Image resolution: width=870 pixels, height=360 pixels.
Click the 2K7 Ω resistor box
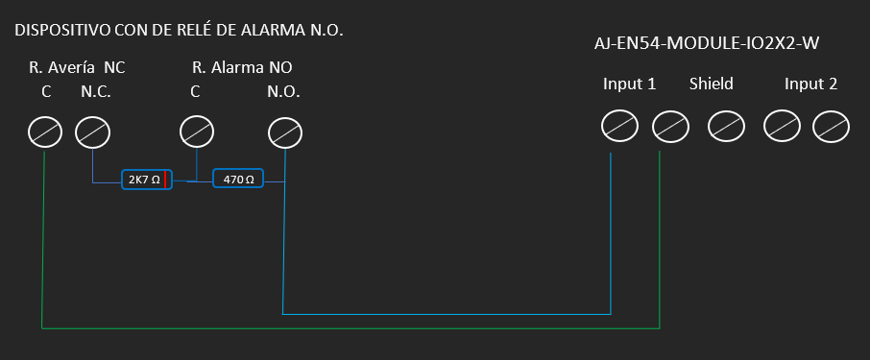point(147,180)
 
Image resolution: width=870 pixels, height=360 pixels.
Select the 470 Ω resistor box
point(238,178)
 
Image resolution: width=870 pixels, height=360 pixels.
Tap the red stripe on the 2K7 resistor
point(165,180)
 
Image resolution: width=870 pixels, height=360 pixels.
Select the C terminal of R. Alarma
point(197,132)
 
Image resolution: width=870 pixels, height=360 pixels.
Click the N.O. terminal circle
point(285,133)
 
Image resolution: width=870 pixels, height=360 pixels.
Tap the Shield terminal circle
point(726,127)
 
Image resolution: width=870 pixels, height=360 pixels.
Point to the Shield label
point(712,84)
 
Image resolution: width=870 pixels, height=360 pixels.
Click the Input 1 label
point(629,84)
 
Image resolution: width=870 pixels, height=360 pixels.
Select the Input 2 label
point(810,84)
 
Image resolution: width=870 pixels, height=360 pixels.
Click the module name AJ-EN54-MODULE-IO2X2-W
point(707,44)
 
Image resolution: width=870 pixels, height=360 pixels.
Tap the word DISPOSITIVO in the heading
point(62,31)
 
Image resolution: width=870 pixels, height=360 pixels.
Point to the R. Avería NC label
point(77,67)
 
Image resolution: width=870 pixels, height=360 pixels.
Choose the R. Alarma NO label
point(242,67)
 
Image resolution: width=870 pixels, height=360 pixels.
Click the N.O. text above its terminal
point(283,92)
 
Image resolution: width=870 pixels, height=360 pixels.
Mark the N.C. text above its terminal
point(96,92)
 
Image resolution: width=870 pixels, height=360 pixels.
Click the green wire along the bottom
point(350,328)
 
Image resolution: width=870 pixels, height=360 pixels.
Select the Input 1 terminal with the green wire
point(670,127)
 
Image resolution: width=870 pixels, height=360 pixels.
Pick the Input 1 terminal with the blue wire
point(619,127)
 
